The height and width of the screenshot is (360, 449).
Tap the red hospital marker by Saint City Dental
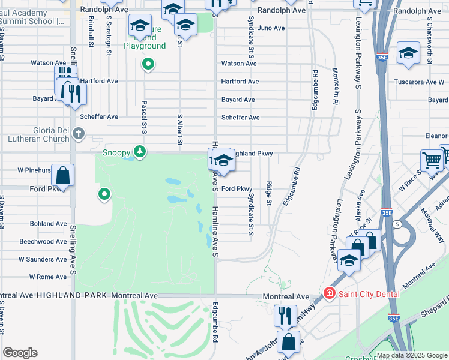point(329,293)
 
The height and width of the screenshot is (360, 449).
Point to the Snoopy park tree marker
point(140,151)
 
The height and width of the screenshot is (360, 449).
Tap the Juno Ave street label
point(270,28)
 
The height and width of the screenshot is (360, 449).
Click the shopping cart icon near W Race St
point(432,160)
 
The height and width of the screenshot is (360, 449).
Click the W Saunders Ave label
point(43,259)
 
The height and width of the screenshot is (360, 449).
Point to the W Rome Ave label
point(47,277)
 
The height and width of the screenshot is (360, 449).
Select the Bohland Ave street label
point(48,223)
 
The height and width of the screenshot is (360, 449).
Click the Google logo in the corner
point(20,353)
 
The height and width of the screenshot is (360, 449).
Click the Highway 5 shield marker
point(397,224)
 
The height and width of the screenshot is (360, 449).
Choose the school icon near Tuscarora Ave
point(408,53)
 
